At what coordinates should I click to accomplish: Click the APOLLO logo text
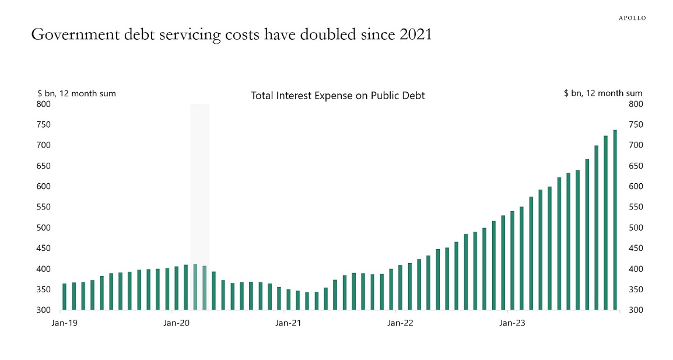(632, 18)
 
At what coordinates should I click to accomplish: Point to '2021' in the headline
(416, 35)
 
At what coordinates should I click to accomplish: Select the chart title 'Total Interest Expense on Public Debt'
(338, 95)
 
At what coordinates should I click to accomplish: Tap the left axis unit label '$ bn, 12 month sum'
(76, 93)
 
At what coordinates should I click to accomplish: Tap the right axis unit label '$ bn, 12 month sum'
(603, 93)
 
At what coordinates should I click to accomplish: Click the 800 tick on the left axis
(44, 104)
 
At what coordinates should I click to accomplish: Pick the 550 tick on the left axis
(44, 207)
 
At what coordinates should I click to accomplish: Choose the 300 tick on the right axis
(636, 310)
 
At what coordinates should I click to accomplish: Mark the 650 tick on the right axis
(636, 166)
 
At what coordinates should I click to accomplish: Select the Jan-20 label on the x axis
(176, 323)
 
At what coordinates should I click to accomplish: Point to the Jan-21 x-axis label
(288, 323)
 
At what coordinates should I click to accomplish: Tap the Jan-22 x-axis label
(400, 323)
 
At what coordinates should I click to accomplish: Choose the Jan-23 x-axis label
(512, 323)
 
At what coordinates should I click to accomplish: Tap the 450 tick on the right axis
(636, 248)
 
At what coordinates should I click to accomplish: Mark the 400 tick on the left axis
(44, 269)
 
